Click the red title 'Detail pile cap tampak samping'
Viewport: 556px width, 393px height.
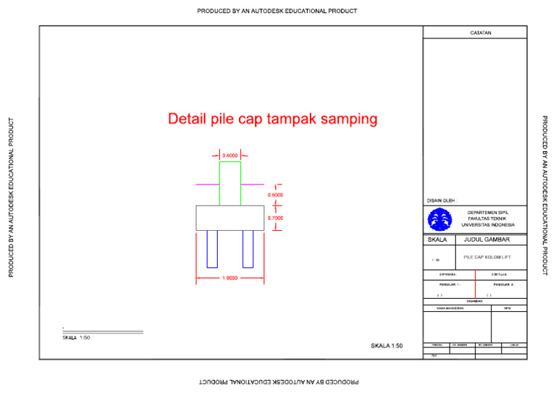273,119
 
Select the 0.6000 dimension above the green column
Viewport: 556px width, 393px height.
230,155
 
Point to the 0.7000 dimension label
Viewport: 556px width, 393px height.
275,218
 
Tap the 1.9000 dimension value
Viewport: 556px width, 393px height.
230,279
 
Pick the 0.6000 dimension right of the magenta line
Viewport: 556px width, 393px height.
275,195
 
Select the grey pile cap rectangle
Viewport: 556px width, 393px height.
230,218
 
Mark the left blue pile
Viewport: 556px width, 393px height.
212,249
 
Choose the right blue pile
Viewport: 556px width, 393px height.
248,249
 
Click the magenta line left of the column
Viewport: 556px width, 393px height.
208,185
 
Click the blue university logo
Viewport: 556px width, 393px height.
439,219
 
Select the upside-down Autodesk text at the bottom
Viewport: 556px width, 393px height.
278,381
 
